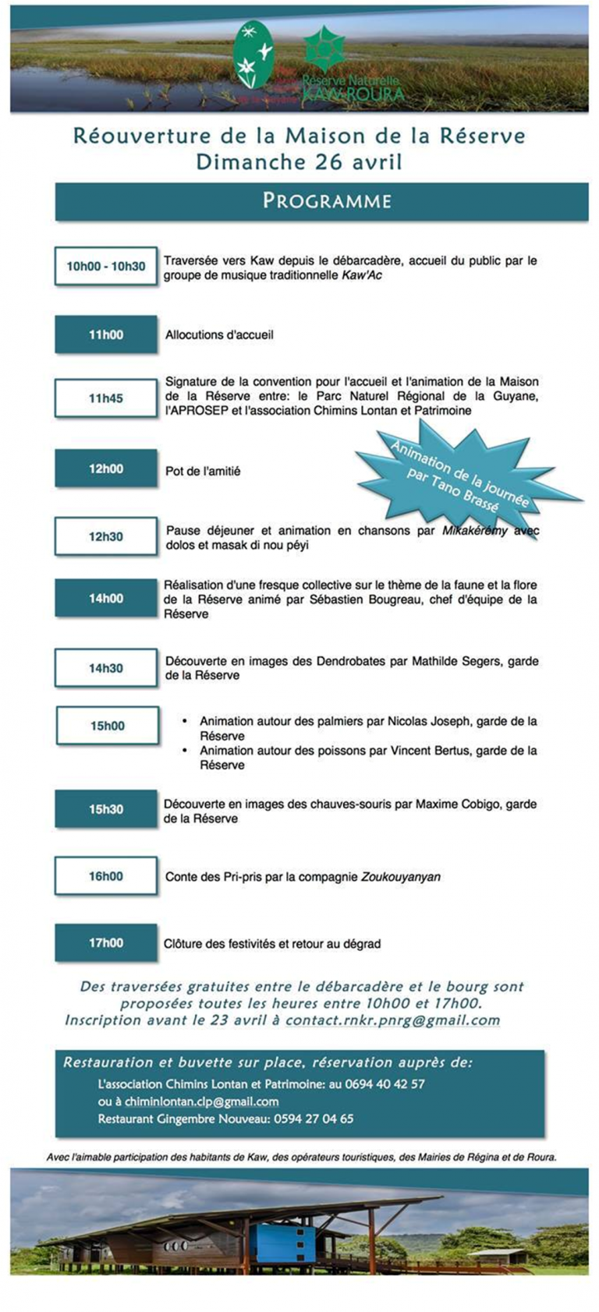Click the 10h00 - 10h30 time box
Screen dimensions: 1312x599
click(x=105, y=267)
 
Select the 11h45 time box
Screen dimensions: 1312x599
click(x=105, y=398)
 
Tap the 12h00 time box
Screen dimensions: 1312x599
click(x=105, y=469)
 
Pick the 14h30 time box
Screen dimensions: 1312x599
click(x=105, y=668)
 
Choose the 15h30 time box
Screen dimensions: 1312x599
click(x=105, y=809)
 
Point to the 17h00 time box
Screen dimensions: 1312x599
click(x=105, y=943)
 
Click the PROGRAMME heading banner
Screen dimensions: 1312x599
click(x=321, y=201)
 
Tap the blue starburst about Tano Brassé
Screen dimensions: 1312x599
click(x=464, y=472)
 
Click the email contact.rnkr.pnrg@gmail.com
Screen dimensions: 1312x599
click(x=392, y=1020)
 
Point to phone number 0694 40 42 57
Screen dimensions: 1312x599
click(x=388, y=1084)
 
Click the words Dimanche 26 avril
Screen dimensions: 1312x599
click(x=299, y=162)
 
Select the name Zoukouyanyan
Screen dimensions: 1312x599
click(x=400, y=877)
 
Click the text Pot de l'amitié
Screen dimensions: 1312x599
click(x=203, y=471)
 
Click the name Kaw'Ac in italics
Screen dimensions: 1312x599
click(x=362, y=275)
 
